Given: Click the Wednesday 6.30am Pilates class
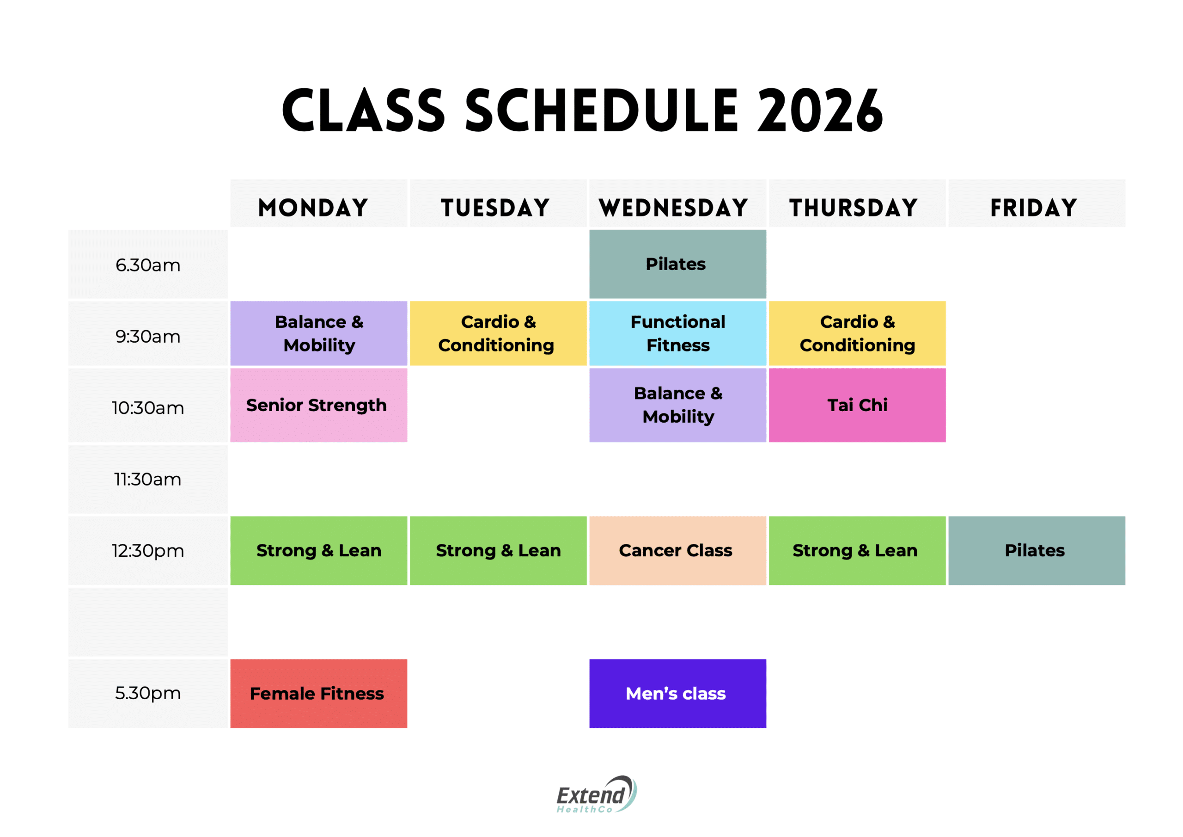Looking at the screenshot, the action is [677, 264].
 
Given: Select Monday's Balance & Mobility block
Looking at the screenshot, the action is [318, 333].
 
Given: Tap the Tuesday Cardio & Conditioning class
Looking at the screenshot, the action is [498, 333].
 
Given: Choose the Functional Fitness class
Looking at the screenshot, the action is [677, 333].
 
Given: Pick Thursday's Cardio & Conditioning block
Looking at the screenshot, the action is [857, 333].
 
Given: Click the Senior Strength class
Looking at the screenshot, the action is [318, 405].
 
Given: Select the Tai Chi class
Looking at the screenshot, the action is [857, 405].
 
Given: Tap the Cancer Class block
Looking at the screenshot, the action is [677, 550].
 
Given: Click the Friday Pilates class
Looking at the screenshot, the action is [1037, 550].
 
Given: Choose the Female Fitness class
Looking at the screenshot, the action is [318, 693].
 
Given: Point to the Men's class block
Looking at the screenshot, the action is [677, 693].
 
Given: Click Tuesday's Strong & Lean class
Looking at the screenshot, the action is [498, 550].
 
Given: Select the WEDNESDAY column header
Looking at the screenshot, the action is [673, 208].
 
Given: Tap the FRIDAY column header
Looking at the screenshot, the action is [1034, 208].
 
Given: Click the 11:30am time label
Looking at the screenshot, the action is [148, 479].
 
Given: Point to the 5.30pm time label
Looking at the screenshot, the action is [148, 693].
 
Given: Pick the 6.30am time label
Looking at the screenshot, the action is [148, 265].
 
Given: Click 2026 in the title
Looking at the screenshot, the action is [820, 110].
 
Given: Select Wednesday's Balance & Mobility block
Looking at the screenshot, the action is [677, 405].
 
